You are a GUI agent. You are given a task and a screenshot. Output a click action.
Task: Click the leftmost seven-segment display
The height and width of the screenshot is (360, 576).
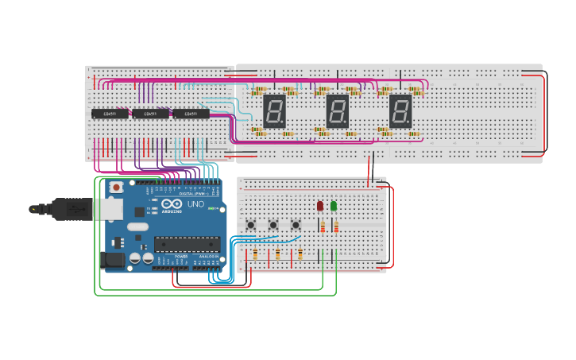pos(274,110)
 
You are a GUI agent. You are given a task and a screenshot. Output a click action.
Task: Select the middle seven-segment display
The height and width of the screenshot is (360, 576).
pos(338,110)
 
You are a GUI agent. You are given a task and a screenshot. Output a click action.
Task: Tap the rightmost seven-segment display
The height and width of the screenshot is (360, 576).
pos(400,110)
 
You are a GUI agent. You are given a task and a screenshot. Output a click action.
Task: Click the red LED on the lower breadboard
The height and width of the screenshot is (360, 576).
pos(320,206)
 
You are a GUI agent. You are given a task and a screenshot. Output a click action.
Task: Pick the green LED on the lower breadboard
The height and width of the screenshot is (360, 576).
pos(334,206)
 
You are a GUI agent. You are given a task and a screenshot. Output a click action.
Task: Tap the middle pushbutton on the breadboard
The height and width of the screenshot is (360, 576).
pos(273,225)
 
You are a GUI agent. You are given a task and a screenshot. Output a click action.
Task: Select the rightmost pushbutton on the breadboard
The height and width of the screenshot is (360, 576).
pos(296,225)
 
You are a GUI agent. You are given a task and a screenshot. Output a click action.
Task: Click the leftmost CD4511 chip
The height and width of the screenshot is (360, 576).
pos(110,114)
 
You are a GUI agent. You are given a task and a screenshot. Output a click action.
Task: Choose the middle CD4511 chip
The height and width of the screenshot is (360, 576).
pos(150,114)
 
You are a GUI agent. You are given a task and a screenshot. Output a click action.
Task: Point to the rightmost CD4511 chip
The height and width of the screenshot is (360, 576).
pos(191,114)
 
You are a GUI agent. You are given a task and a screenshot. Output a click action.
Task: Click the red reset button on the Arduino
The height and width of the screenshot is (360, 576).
pos(117,188)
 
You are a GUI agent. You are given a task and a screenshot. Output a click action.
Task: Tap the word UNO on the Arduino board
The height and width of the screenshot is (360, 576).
pos(195,205)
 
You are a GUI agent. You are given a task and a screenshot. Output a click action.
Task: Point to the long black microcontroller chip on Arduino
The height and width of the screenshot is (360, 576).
pos(186,243)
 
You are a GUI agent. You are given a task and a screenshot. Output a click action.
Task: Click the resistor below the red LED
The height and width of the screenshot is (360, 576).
pos(322,228)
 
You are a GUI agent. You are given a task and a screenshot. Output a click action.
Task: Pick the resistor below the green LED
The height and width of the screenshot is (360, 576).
pos(335,228)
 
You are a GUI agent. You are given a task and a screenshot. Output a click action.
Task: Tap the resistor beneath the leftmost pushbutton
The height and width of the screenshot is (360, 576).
pos(255,254)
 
